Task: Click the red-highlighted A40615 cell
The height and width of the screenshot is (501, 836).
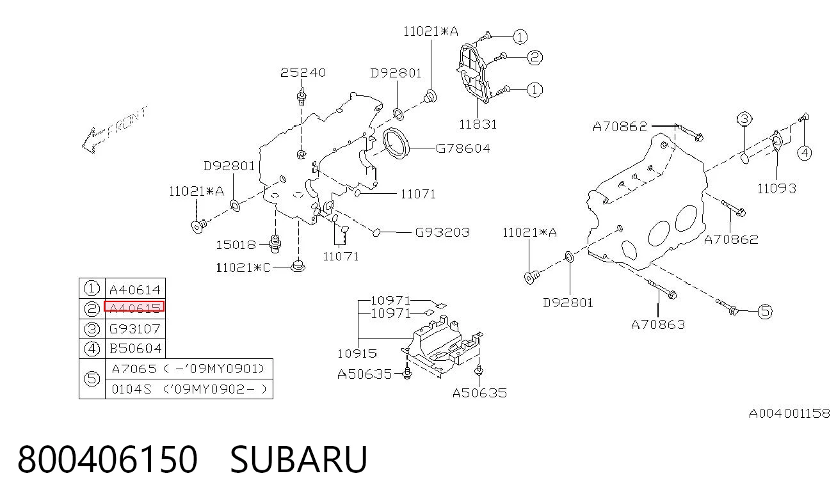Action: [134, 307]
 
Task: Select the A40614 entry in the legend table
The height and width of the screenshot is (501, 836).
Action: [134, 289]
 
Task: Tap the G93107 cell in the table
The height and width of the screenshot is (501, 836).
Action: [134, 329]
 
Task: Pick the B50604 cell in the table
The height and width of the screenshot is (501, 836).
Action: [136, 349]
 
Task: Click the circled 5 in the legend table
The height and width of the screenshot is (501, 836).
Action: [92, 379]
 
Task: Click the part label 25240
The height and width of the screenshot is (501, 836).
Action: [303, 72]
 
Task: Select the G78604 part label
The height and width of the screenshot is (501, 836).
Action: [463, 148]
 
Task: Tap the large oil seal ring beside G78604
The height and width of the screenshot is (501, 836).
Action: [396, 143]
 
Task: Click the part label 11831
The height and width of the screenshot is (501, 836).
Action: [478, 124]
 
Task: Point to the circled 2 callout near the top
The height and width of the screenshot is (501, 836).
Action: [535, 58]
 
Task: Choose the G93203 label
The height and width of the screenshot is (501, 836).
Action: [442, 232]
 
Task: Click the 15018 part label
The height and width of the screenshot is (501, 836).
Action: [236, 244]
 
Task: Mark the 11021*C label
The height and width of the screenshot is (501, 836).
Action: [243, 267]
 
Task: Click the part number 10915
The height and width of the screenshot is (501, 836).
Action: [357, 353]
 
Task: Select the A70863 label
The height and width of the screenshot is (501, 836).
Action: [658, 324]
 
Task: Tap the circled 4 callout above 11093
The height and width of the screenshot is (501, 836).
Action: [804, 152]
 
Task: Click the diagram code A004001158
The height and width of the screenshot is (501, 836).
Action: [789, 413]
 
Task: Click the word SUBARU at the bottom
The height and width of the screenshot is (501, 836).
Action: [299, 459]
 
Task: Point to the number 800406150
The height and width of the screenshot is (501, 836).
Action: [108, 459]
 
